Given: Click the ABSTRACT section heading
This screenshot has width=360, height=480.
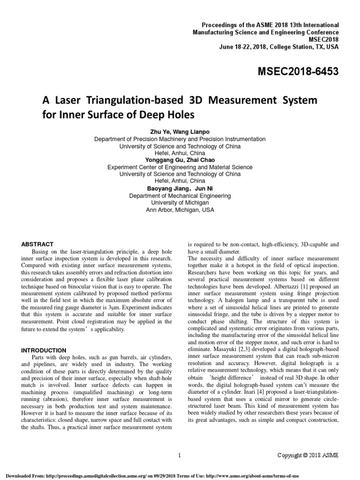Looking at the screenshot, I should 37,244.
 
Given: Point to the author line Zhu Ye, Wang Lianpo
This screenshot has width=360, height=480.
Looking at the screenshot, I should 180,132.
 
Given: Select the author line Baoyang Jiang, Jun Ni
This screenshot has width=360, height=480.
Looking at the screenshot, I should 180,188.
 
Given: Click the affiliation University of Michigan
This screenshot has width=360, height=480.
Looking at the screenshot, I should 180,203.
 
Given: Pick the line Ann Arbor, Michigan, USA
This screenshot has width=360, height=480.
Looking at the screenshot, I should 180,210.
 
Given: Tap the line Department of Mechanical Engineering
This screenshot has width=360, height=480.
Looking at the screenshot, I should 180,196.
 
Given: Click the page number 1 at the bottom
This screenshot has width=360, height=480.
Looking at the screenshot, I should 180,455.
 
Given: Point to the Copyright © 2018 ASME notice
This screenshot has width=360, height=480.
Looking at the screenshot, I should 307,455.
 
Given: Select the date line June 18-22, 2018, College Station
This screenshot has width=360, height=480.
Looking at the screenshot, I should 278,47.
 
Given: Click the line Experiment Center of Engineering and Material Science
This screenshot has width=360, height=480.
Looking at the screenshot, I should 180,167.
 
